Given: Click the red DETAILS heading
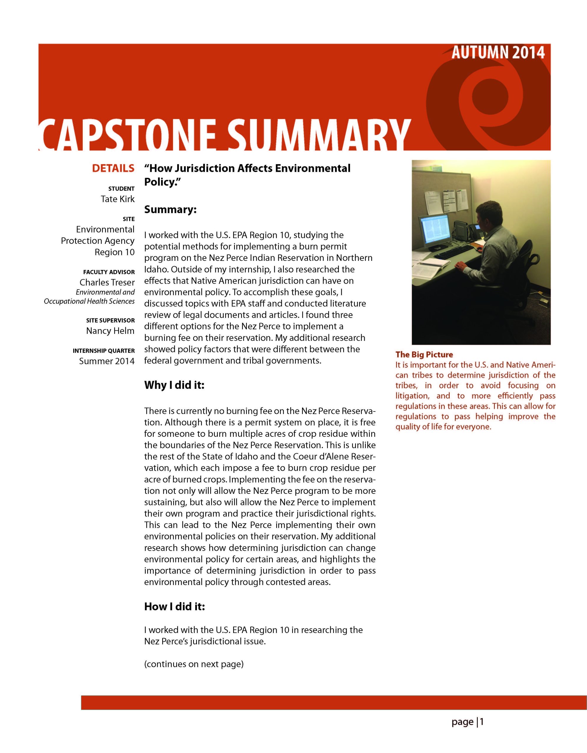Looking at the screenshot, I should coord(113,168).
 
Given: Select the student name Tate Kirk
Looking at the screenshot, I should coord(117,199).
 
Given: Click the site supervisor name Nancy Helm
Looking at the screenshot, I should coord(110,331).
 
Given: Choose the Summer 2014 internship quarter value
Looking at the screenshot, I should coord(107,361).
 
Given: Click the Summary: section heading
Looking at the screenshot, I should coord(170,210).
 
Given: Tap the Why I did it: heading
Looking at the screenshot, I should coord(174,385).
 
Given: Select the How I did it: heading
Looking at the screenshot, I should coord(174,606).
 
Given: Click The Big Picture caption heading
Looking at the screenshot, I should coord(424,354).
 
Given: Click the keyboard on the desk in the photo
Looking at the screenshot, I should coord(454,252).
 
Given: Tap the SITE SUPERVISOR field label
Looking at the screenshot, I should coord(110,320).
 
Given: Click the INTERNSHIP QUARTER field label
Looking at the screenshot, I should coord(104,351).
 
